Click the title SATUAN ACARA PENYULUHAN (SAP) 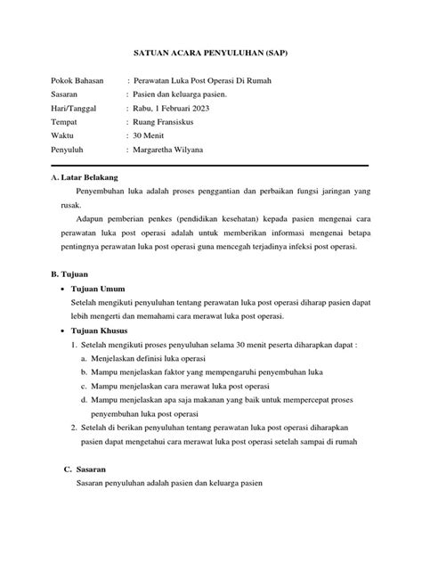pos(211,53)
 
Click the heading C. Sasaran pos(85,469)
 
